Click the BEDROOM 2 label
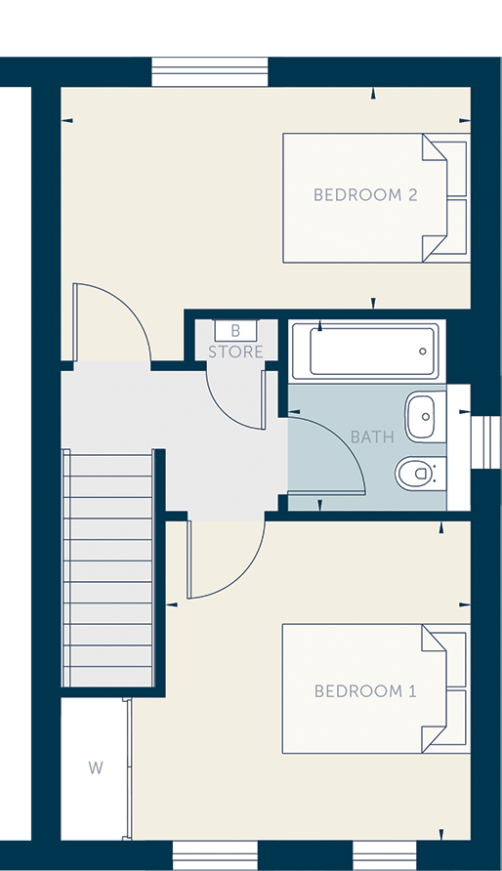pos(365,195)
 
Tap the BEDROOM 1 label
pos(365,691)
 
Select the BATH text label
pos(372,437)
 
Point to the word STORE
pos(235,352)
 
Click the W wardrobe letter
pos(96,768)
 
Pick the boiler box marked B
pos(235,330)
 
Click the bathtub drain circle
pos(423,352)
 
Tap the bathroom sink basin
pos(426,417)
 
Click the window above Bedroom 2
pos(210,71)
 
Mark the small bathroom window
pos(485,442)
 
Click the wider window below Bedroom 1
pos(216,855)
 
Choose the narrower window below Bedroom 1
pos(384,855)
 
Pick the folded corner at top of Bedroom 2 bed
pos(435,147)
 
